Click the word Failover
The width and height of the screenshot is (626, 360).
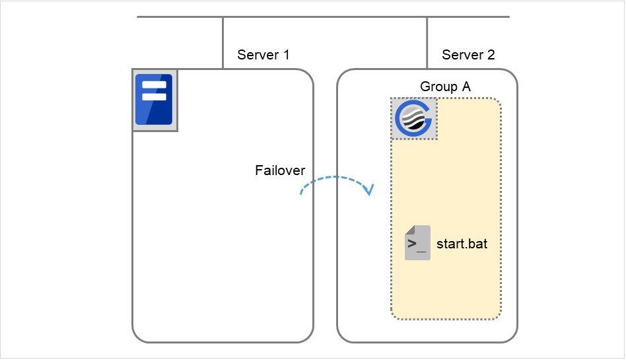click(x=280, y=170)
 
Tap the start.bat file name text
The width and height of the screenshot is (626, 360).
click(x=462, y=244)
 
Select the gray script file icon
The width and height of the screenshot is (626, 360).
click(x=417, y=242)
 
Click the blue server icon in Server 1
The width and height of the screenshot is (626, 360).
click(x=154, y=100)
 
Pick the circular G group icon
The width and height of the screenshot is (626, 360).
click(x=413, y=119)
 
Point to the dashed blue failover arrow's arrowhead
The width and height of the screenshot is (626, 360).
click(x=369, y=190)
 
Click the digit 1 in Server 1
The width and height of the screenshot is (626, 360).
click(x=286, y=55)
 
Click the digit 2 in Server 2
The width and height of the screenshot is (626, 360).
click(x=491, y=55)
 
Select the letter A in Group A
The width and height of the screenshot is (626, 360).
click(x=466, y=87)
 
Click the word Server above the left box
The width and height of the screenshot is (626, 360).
click(x=258, y=55)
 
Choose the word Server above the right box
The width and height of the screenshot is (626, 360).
click(x=462, y=55)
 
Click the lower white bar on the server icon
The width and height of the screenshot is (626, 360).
click(x=154, y=96)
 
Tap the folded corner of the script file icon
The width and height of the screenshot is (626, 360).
click(x=409, y=229)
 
